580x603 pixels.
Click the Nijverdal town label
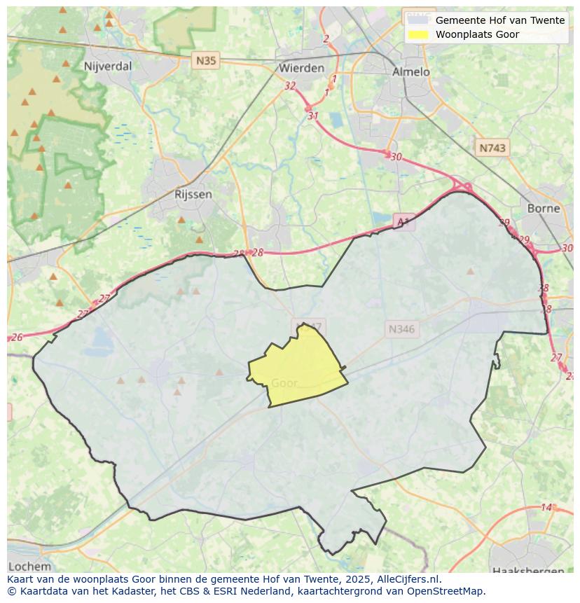point(107,67)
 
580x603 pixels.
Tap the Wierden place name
point(301,68)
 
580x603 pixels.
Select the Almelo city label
point(410,71)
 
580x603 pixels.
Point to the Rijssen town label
point(193,194)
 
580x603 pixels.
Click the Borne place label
point(544,208)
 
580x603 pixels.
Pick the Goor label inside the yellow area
point(284,383)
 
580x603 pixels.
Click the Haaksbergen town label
point(526,571)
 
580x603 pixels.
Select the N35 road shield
point(206,60)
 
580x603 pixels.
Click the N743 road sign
point(492,148)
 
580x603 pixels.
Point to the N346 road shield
point(401,328)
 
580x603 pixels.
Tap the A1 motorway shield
point(403,222)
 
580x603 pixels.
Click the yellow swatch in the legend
point(418,34)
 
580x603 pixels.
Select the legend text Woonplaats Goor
point(477,34)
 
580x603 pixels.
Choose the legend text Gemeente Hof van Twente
point(499,20)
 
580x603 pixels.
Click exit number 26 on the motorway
point(17,338)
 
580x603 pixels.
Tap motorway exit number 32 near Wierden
point(290,85)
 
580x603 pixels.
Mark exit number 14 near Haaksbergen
point(546,507)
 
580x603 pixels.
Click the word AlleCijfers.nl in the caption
point(408,579)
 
